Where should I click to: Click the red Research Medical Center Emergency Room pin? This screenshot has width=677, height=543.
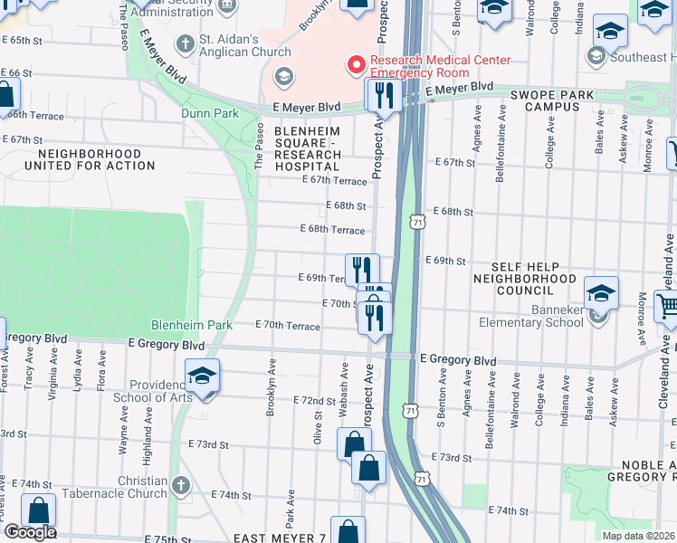[356, 65]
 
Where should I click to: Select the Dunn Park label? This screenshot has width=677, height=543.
[209, 114]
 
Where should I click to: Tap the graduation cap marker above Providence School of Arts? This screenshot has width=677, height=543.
[203, 376]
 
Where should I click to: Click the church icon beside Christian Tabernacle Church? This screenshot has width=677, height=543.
[184, 487]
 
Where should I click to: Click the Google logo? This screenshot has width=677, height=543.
[29, 532]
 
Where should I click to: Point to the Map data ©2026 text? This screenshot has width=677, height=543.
[638, 536]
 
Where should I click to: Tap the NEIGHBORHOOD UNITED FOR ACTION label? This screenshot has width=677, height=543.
[90, 160]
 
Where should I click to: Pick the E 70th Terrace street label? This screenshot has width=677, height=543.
[288, 325]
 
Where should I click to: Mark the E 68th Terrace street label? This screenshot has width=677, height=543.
[332, 230]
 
